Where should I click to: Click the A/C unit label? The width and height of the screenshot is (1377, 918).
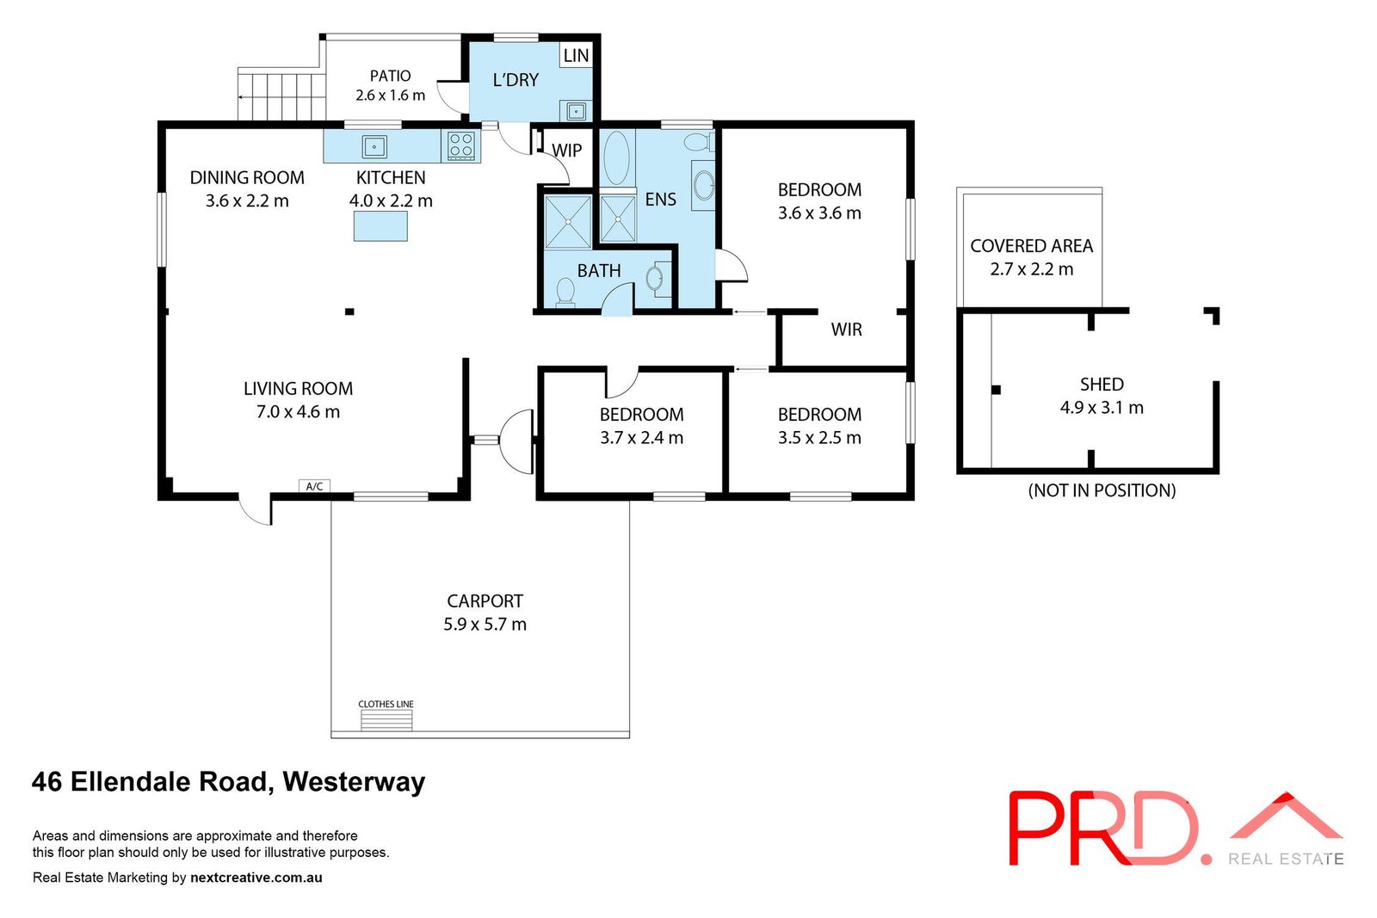pyautogui.click(x=314, y=487)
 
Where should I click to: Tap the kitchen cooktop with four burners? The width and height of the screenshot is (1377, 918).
pyautogui.click(x=461, y=146)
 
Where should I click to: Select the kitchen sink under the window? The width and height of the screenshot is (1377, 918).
pyautogui.click(x=374, y=147)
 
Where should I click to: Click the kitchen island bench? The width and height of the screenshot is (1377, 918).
pyautogui.click(x=380, y=226)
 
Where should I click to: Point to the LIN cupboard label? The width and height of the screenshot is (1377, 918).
pyautogui.click(x=576, y=55)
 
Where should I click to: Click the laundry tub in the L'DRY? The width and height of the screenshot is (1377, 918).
pyautogui.click(x=576, y=112)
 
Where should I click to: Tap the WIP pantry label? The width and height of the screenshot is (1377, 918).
pyautogui.click(x=567, y=151)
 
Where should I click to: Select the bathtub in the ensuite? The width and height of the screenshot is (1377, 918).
pyautogui.click(x=616, y=157)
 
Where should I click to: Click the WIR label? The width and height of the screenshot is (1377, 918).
pyautogui.click(x=847, y=330)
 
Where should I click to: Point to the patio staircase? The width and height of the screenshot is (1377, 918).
pyautogui.click(x=282, y=95)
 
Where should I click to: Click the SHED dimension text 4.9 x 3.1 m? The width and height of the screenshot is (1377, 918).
pyautogui.click(x=1102, y=408)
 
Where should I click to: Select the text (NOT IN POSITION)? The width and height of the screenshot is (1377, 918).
pyautogui.click(x=1102, y=490)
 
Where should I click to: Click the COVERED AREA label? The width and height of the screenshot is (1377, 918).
pyautogui.click(x=1032, y=246)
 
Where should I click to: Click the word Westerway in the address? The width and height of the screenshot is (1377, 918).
pyautogui.click(x=354, y=781)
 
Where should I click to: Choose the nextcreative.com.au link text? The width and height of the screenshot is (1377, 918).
pyautogui.click(x=256, y=878)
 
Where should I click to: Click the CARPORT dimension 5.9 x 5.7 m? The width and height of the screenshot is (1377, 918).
pyautogui.click(x=485, y=625)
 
